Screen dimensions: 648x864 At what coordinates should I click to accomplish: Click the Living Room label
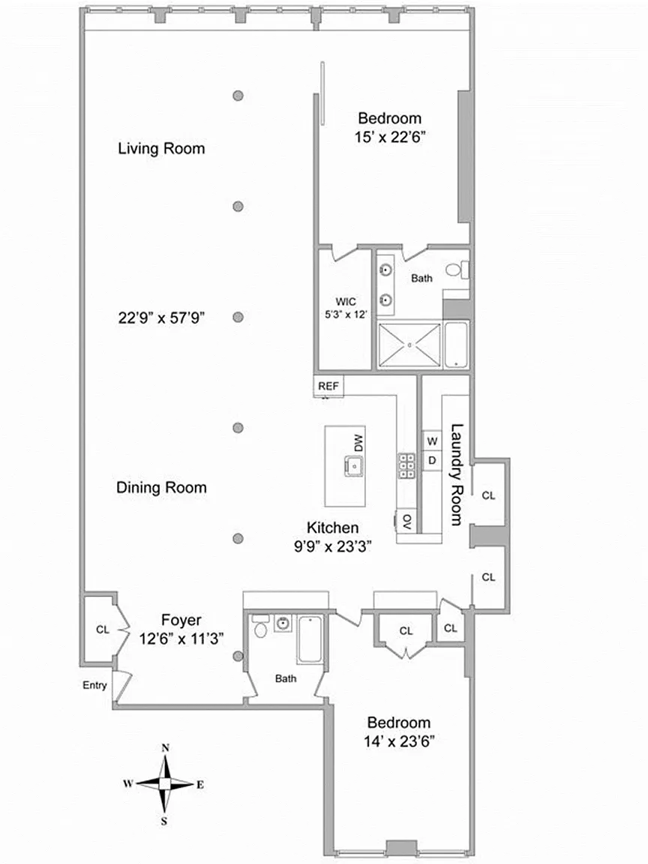point(161,148)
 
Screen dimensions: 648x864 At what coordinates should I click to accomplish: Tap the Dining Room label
point(161,487)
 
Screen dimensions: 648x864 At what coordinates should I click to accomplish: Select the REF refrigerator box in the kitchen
point(328,385)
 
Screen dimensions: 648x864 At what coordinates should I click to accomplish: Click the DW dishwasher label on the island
point(358,443)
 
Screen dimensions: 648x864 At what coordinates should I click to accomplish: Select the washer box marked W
point(433,441)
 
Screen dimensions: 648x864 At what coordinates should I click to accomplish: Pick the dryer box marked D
point(433,460)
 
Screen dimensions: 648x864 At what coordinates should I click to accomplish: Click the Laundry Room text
point(456,475)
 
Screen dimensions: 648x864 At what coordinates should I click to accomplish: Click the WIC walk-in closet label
point(346,301)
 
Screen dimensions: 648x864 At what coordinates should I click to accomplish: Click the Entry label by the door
point(94,685)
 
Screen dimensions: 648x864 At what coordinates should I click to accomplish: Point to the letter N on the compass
point(165,748)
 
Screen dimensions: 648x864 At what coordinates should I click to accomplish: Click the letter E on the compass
point(200,784)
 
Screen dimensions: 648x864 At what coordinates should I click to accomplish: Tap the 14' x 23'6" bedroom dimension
point(400,742)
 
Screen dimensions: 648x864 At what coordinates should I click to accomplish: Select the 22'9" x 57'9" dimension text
point(161,318)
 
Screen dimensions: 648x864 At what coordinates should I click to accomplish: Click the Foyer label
point(181,620)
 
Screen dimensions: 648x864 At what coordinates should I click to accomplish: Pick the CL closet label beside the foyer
point(103,629)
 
